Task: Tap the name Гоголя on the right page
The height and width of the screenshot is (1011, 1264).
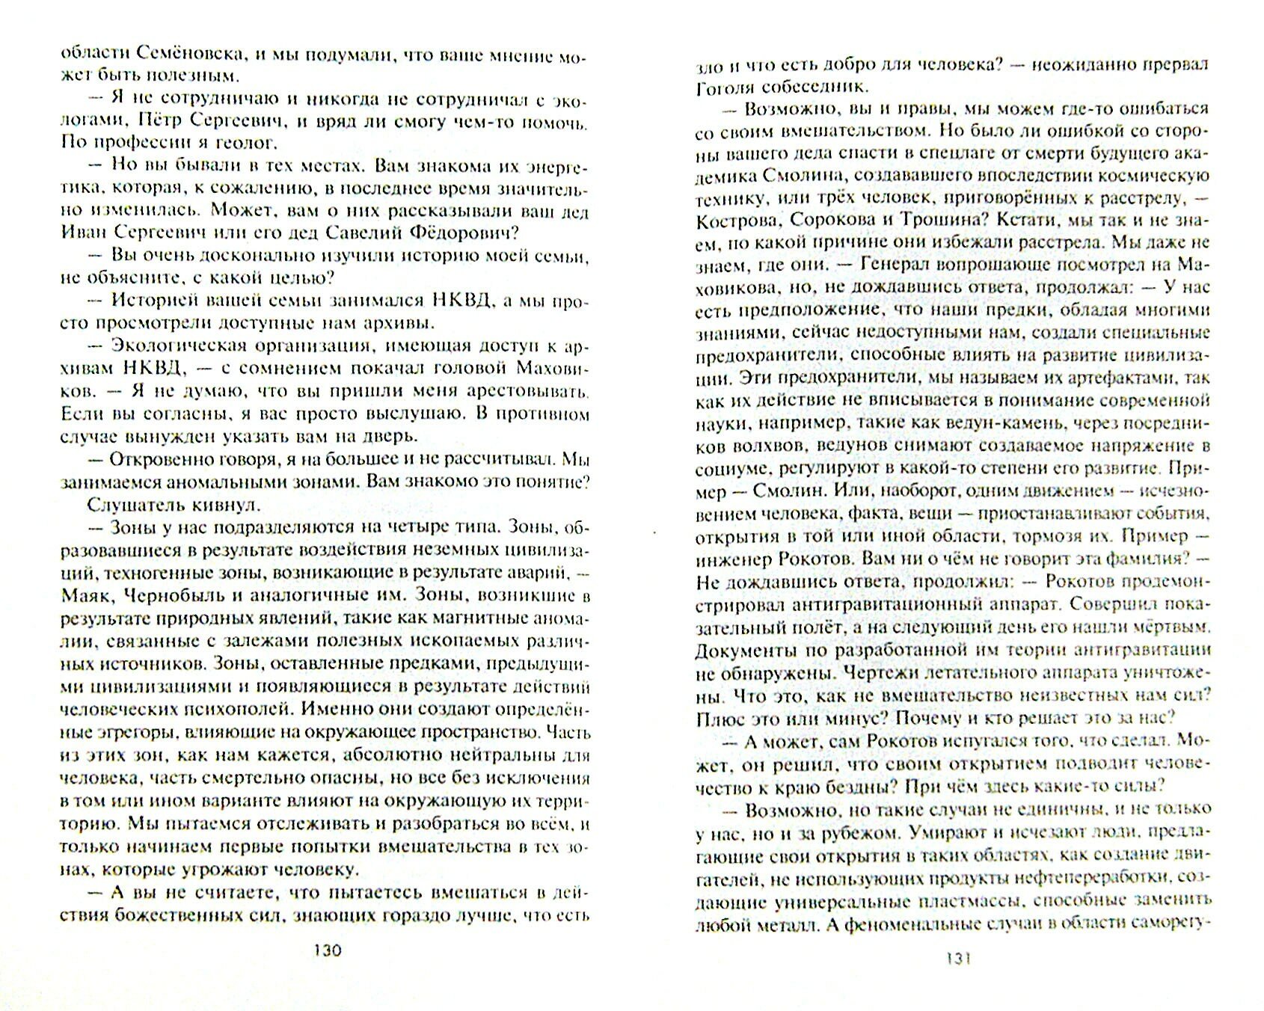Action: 725,86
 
